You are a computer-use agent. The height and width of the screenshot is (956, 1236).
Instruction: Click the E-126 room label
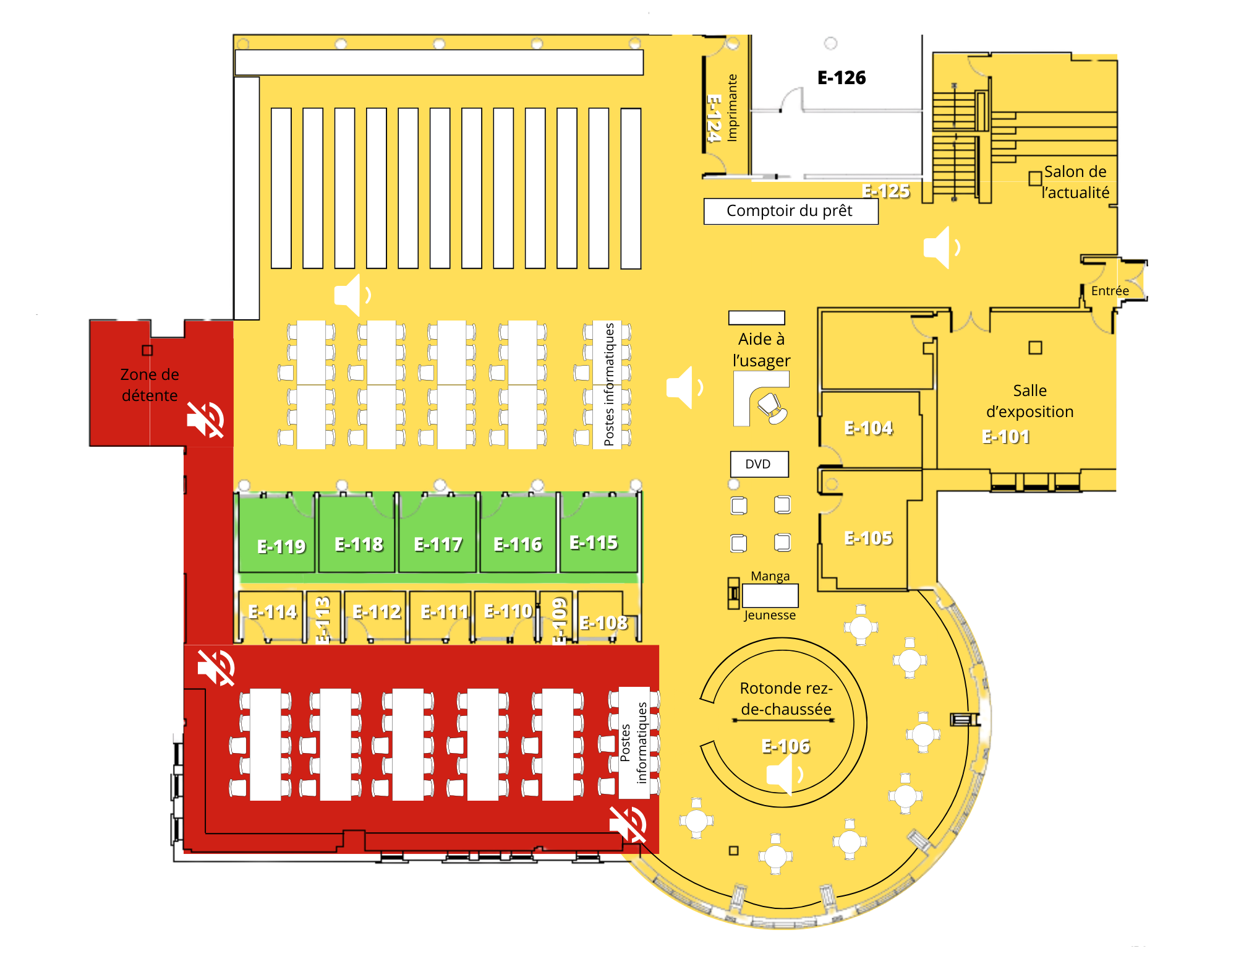841,78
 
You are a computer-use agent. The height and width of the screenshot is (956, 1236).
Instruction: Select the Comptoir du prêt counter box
790,211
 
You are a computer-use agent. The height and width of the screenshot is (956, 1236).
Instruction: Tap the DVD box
759,464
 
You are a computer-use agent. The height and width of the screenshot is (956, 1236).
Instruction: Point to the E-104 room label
868,428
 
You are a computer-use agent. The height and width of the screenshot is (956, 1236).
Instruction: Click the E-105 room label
868,538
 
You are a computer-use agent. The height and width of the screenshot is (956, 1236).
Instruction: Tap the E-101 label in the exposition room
1005,437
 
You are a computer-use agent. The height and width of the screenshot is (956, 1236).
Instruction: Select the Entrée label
1110,291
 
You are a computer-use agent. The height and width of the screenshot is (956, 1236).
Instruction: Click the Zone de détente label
150,385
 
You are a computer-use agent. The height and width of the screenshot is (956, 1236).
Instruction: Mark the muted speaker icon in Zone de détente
205,420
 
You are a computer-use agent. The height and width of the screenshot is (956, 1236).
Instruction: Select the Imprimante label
732,108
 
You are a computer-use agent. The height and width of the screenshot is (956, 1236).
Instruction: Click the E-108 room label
603,623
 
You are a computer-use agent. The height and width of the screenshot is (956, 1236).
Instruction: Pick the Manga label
770,576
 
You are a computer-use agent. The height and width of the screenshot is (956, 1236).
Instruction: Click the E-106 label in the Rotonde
785,746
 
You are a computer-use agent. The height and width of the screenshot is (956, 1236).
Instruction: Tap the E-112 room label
377,612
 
